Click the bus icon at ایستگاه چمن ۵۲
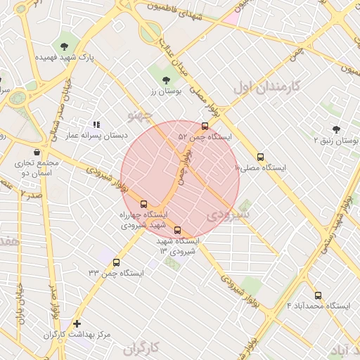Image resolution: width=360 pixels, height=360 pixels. coord(205,127)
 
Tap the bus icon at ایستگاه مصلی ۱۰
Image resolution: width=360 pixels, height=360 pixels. coord(261,157)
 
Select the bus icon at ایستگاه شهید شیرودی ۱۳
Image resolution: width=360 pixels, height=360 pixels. coord(176,230)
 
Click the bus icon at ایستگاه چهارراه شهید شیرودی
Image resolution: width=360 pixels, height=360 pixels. coord(144,204)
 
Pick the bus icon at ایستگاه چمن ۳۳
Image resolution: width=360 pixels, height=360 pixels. coord(116,262)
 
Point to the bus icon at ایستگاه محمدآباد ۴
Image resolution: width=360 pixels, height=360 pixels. coord(318,295)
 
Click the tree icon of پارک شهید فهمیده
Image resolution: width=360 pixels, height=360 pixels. coord(65,46)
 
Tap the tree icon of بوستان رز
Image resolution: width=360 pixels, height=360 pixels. coord(166,80)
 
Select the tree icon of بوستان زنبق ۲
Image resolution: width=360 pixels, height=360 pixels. coord(336,129)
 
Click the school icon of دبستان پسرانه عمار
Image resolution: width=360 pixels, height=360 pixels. coord(96,124)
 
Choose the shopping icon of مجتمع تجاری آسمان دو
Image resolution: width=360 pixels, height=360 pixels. coord(37,152)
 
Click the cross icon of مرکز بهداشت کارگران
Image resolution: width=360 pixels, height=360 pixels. coord(77,323)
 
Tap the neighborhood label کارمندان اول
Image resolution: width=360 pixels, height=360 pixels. coord(266,87)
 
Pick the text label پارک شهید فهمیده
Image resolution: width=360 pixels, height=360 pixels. coord(67,56)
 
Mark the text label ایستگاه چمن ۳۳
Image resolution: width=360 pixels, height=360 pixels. coord(116,272)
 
